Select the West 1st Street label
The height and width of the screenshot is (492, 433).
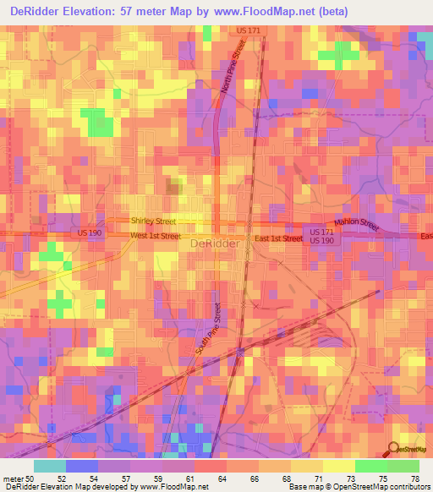(156, 237)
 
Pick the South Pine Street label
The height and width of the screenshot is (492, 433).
(210, 331)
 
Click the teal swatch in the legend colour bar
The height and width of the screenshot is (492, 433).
(50, 466)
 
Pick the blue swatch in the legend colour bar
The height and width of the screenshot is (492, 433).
(82, 466)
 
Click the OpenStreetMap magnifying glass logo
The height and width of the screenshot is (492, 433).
(392, 450)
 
